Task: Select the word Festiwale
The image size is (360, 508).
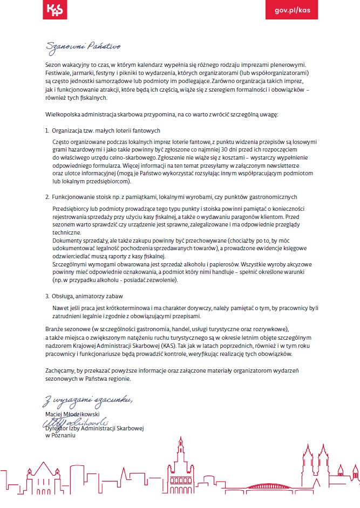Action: point(57,72)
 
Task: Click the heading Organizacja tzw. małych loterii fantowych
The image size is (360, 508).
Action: point(106,131)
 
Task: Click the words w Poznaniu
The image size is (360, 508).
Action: point(60,436)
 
